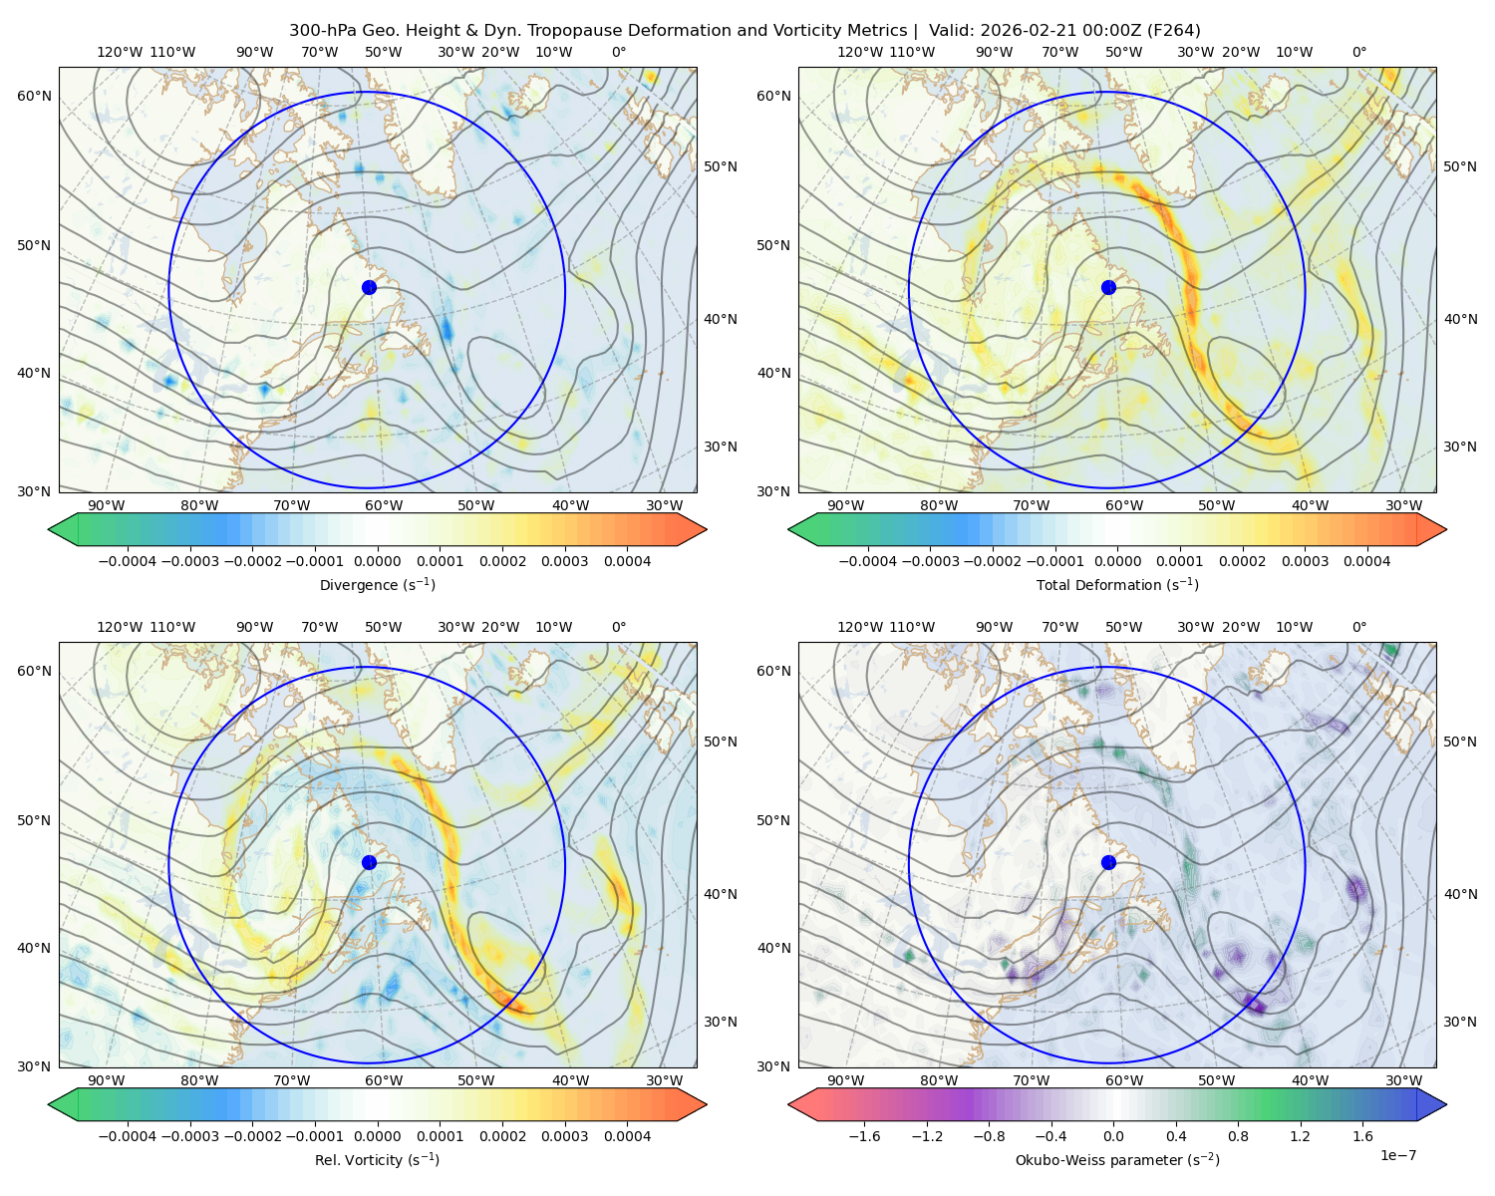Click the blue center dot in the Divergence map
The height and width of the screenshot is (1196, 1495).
coord(369,287)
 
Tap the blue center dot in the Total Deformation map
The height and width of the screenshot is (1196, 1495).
coord(1108,287)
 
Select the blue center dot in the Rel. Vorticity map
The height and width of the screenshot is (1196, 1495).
coord(369,862)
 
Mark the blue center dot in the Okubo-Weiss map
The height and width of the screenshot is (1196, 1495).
coord(1108,862)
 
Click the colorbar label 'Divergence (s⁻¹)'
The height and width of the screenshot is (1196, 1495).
coord(377,584)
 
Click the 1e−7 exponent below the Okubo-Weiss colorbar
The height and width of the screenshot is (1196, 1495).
coord(1397,1155)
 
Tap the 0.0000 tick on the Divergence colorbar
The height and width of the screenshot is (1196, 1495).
coord(377,561)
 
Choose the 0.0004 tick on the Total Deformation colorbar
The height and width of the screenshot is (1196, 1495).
coord(1366,561)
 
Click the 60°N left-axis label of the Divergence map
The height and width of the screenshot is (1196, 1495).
coord(34,96)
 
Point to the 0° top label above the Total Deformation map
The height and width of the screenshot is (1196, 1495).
coord(1358,52)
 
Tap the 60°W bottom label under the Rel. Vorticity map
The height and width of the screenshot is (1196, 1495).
coord(384,1080)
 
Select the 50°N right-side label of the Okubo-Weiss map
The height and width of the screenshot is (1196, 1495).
coord(1459,742)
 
